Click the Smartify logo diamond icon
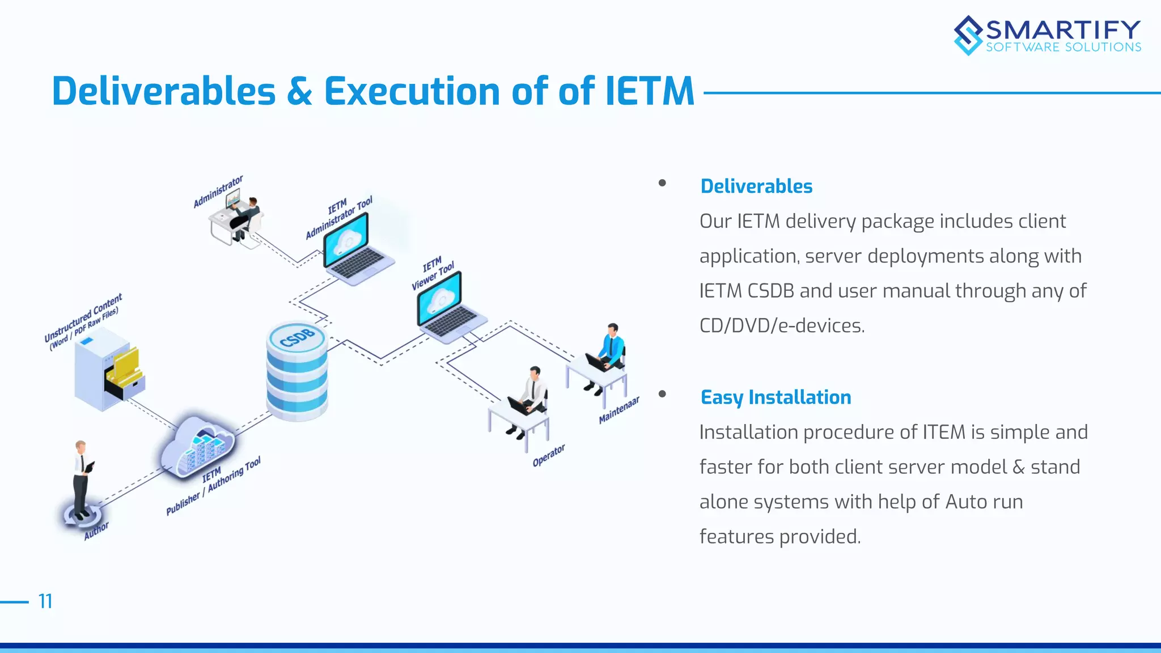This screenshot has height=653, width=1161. [968, 35]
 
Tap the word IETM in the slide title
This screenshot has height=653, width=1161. [649, 91]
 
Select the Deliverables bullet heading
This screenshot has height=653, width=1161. [756, 186]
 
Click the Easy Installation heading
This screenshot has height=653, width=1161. [776, 397]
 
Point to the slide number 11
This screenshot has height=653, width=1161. [45, 601]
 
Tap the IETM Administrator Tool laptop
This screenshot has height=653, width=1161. [356, 249]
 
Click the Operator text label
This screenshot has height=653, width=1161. [548, 455]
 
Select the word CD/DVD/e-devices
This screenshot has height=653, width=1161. [782, 326]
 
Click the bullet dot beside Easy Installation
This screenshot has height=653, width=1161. [662, 394]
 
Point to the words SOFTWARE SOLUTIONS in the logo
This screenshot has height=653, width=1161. [1063, 48]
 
